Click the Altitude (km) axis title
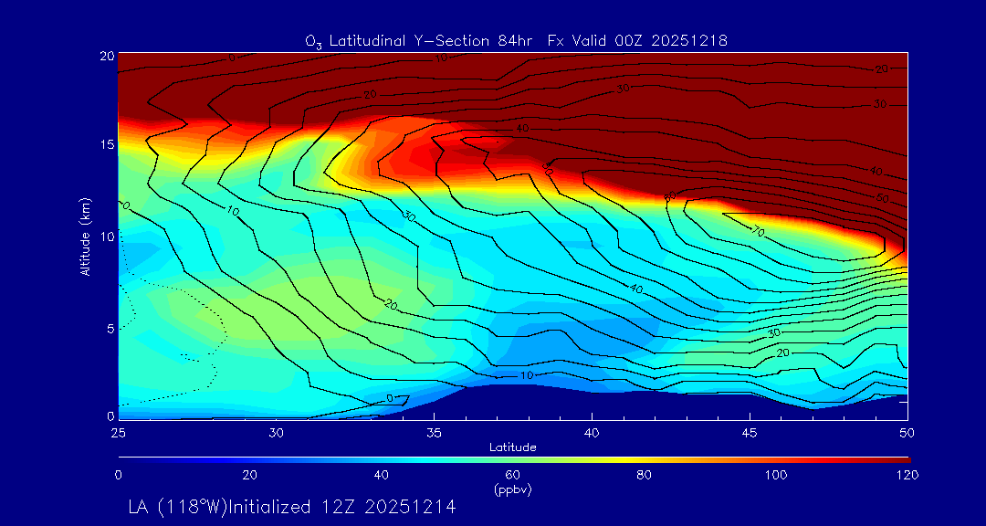pos(85,236)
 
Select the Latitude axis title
pos(513,447)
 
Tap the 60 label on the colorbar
pos(513,475)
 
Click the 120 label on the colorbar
pos(907,475)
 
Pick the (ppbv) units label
pos(513,489)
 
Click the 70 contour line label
pos(757,232)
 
